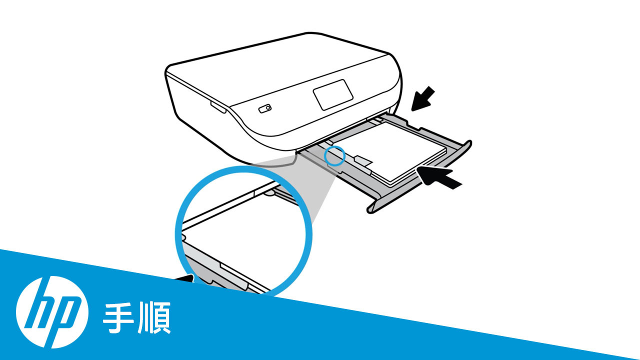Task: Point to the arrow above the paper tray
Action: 422,98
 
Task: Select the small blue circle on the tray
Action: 334,155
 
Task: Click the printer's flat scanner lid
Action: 280,60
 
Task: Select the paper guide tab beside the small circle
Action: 362,160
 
